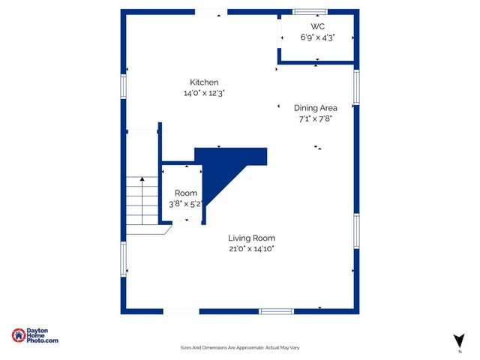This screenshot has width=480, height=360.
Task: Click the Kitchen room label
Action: pyautogui.click(x=204, y=82)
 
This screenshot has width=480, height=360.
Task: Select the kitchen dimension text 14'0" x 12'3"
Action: pyautogui.click(x=204, y=94)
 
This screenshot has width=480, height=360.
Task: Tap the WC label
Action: pyautogui.click(x=318, y=26)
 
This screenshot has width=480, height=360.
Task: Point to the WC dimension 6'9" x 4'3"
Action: pyautogui.click(x=318, y=37)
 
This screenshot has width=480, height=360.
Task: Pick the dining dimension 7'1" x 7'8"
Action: pyautogui.click(x=315, y=118)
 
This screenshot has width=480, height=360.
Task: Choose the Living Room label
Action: pyautogui.click(x=252, y=238)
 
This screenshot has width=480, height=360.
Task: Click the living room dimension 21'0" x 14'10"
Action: pyautogui.click(x=252, y=249)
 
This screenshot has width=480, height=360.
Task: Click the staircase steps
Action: pyautogui.click(x=141, y=202)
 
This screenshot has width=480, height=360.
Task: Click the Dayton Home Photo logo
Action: pyautogui.click(x=34, y=336)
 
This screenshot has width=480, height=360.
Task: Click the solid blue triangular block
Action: pyautogui.click(x=225, y=169)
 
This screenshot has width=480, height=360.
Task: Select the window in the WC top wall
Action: pyautogui.click(x=305, y=11)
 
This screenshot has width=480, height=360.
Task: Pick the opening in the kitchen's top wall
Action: pyautogui.click(x=211, y=11)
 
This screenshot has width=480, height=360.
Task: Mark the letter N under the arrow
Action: pyautogui.click(x=459, y=351)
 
